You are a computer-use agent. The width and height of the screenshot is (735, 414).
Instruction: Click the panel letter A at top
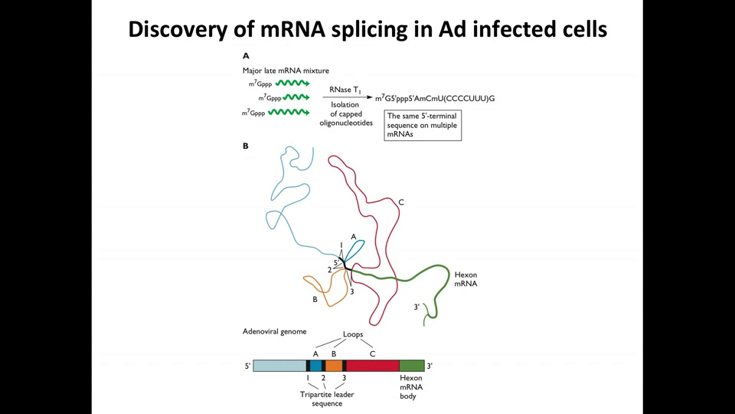coord(246,56)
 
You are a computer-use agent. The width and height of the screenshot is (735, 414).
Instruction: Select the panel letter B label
coord(246,145)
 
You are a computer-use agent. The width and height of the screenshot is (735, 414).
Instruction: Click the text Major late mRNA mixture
coord(275,70)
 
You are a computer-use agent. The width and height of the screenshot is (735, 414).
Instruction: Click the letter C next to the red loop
coord(401,202)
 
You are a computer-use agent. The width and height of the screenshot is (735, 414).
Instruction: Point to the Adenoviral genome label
coord(274,331)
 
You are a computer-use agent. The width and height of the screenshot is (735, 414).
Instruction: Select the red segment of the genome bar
coord(373,366)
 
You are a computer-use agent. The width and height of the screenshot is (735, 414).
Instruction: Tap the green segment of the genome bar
coord(411,366)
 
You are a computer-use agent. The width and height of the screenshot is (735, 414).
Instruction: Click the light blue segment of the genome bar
coord(279,366)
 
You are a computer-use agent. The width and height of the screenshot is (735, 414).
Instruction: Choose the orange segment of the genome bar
coord(334,366)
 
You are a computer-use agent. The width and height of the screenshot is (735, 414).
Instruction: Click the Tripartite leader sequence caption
coord(327,399)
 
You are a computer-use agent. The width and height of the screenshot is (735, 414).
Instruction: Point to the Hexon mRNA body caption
coord(411,387)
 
